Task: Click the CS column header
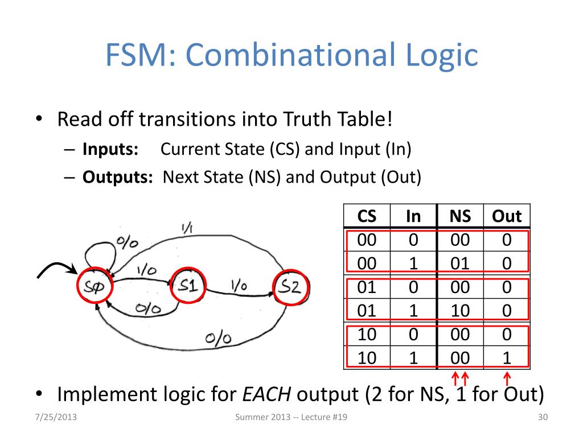tap(367, 217)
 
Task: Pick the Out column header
tap(506, 217)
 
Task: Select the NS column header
tap(459, 217)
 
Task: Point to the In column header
tap(413, 217)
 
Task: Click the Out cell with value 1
tap(506, 358)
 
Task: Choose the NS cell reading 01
tap(459, 263)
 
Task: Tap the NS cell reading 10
tap(459, 311)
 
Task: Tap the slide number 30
tap(542, 418)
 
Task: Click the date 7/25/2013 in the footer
tap(54, 418)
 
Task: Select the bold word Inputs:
tap(111, 149)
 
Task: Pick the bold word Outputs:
tap(117, 177)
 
